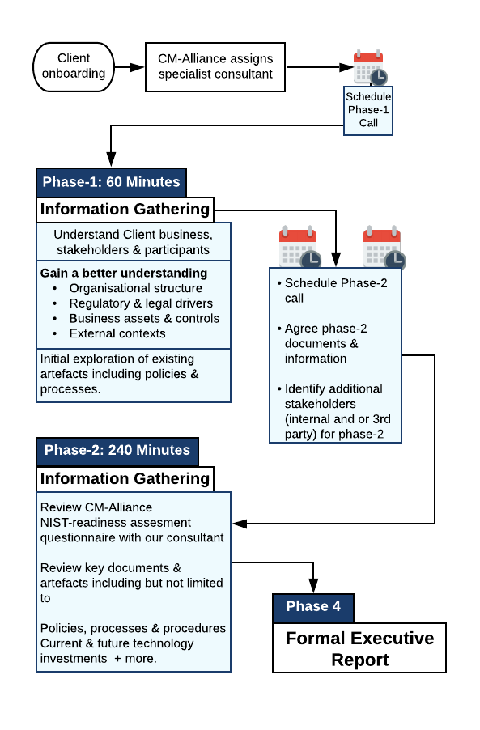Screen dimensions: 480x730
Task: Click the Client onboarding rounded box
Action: [74, 66]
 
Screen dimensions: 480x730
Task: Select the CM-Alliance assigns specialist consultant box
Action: [215, 67]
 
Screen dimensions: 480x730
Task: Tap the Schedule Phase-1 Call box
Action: [368, 110]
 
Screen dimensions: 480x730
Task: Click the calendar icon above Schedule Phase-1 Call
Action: [370, 66]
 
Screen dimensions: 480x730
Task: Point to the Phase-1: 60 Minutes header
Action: [111, 182]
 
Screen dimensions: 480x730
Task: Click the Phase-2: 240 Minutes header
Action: [117, 451]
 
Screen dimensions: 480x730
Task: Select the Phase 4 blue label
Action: [313, 607]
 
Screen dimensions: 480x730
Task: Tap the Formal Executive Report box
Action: [359, 648]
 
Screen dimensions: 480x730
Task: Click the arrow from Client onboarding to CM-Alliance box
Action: [130, 67]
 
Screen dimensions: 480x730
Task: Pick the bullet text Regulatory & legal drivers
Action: [141, 303]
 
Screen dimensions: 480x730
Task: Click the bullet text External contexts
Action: [117, 333]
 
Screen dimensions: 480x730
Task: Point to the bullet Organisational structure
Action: [136, 288]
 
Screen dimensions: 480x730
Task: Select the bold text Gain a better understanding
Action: [124, 274]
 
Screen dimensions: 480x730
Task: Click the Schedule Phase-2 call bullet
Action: [333, 291]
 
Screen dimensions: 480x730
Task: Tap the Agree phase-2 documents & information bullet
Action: [322, 344]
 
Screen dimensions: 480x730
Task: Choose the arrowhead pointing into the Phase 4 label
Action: [313, 586]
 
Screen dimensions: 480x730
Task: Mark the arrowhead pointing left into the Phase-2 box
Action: [240, 524]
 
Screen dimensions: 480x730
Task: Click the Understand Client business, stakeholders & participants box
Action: [134, 242]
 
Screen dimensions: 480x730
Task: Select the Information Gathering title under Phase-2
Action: [125, 479]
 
